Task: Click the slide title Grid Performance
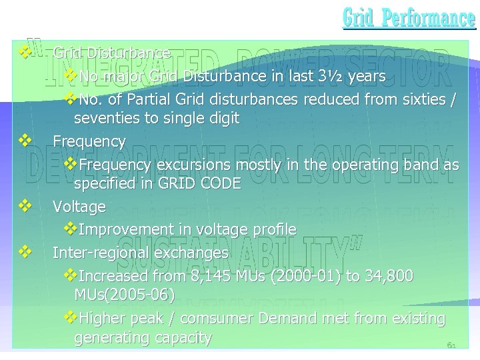[409, 18]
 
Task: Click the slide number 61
[451, 345]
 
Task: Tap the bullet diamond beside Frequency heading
[25, 141]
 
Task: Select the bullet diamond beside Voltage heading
[25, 206]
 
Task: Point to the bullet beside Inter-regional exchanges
[25, 252]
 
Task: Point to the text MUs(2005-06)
[125, 294]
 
